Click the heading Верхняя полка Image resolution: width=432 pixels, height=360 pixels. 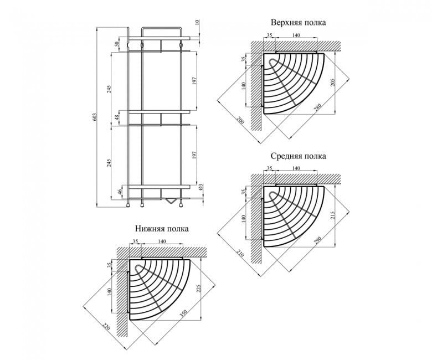coord(299,22)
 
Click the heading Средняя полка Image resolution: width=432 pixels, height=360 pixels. coord(299,156)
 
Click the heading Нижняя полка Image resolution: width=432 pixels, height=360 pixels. coord(162,229)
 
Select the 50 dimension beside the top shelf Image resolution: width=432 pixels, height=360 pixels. coord(117,44)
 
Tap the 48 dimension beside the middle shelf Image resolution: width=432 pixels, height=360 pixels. coord(117,117)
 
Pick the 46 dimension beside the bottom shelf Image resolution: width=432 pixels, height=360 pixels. coord(120,192)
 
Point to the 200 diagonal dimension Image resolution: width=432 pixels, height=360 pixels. coord(240,120)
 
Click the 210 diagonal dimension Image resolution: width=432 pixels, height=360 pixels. coord(240,253)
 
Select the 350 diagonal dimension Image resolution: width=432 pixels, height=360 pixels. coord(183,314)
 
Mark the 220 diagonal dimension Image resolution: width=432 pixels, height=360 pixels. coord(106,326)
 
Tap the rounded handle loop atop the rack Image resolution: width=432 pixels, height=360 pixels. coord(161,27)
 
